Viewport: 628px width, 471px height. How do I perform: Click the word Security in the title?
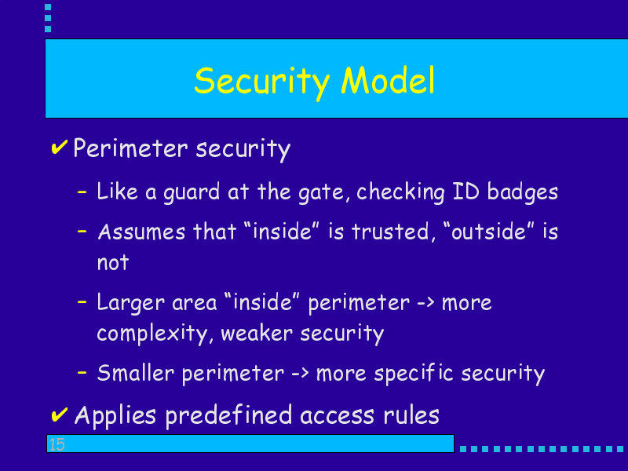click(x=262, y=82)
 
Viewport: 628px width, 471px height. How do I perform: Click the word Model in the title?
click(x=388, y=80)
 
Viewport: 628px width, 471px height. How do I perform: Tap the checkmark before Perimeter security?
click(x=60, y=148)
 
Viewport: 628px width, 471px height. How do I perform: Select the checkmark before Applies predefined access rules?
click(x=60, y=414)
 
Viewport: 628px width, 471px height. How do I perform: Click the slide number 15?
click(x=57, y=444)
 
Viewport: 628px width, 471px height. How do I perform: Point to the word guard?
click(x=192, y=192)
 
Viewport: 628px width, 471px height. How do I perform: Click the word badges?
click(x=522, y=192)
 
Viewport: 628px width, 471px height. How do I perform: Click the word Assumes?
click(x=141, y=232)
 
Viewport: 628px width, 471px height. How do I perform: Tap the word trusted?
click(x=390, y=232)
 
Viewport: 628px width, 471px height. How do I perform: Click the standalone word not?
click(x=113, y=263)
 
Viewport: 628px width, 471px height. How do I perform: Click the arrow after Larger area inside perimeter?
click(x=425, y=303)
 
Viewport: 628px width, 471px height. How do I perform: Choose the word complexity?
click(x=153, y=334)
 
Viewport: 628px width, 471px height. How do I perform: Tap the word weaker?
click(x=257, y=333)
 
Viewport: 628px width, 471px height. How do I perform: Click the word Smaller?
click(x=136, y=373)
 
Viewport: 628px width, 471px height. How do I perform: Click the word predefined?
click(x=228, y=415)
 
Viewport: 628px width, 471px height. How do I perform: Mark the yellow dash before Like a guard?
click(x=82, y=192)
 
